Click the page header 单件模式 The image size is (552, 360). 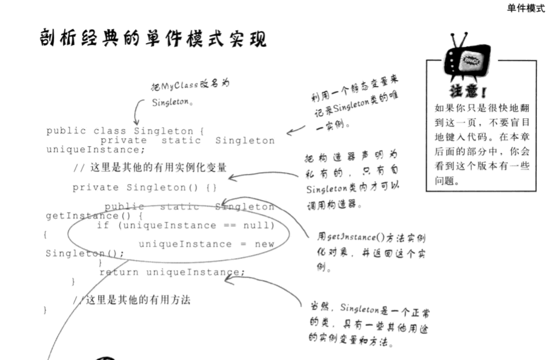point(525,8)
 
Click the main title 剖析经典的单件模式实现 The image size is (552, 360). point(152,39)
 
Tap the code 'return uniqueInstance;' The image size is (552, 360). point(172,272)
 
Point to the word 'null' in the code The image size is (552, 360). point(261,225)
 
